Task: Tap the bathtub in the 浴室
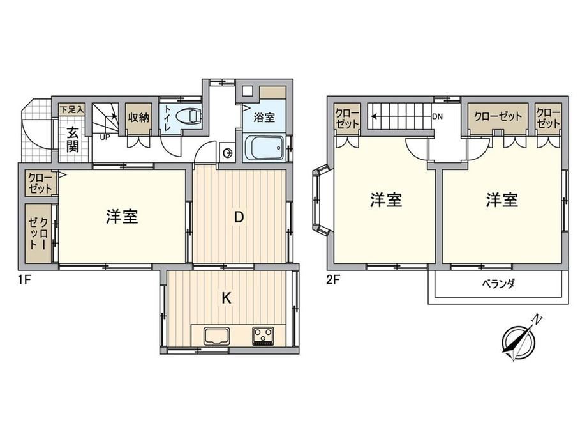pos(265,148)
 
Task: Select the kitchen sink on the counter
pos(217,336)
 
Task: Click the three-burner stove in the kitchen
pos(263,336)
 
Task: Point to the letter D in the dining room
pos(239,217)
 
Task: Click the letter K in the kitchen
pos(226,298)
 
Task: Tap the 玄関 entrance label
pos(73,140)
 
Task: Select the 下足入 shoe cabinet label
pos(72,110)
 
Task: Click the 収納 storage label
pos(139,118)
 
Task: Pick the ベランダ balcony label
pos(498,284)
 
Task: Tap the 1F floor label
pos(24,280)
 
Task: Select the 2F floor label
pos(332,280)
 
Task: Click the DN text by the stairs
pos(437,116)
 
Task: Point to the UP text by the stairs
pos(105,137)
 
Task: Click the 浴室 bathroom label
pos(264,118)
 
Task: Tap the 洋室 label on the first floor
pos(122,217)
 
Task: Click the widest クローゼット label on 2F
pos(498,116)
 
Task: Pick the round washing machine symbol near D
pos(227,153)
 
